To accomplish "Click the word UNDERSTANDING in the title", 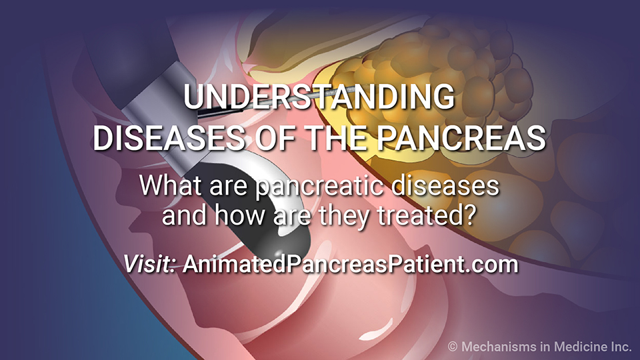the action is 319,96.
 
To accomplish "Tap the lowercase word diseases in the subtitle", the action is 445,186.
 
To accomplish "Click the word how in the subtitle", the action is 239,215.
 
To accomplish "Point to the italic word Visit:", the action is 149,264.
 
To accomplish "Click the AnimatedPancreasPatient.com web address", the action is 351,264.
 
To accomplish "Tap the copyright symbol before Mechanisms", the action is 452,347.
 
